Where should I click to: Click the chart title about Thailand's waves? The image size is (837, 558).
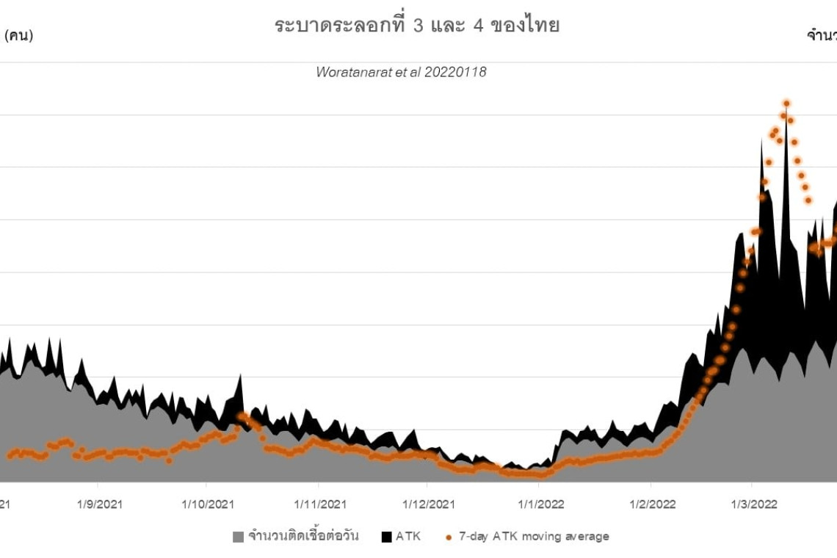click(417, 26)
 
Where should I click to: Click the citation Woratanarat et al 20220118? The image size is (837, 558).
click(401, 72)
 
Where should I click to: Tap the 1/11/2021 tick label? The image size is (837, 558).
click(319, 504)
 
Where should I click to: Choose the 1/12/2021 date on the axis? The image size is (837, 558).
click(428, 504)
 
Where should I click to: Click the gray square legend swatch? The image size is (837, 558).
click(238, 537)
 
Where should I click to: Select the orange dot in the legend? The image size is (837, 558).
click(448, 537)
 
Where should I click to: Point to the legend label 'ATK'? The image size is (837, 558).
click(408, 537)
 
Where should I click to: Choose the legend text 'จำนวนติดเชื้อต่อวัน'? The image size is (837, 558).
click(303, 537)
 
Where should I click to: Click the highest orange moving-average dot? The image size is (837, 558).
click(786, 104)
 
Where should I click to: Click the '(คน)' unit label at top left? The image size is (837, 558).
click(19, 35)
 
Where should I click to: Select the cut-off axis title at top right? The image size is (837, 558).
click(822, 35)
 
